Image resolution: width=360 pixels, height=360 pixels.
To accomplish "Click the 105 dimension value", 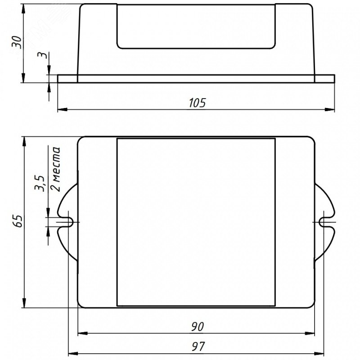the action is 197,103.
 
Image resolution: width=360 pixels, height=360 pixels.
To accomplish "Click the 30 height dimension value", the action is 17,42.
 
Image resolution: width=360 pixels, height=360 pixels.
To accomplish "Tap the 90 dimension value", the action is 197,327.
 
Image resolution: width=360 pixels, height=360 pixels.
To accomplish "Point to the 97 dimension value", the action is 198,346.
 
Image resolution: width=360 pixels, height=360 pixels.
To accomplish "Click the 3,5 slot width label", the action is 39,184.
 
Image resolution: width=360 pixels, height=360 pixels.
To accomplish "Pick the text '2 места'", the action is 56,169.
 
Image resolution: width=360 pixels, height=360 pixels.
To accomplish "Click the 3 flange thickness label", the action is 43,55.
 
